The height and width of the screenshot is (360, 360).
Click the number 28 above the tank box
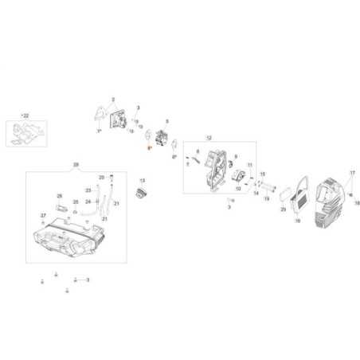pyautogui.click(x=76, y=165)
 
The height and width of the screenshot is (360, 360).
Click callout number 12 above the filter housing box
pyautogui.click(x=209, y=138)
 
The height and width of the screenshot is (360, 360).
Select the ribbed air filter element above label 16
pyautogui.click(x=298, y=200)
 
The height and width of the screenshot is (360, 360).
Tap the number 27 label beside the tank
pyautogui.click(x=43, y=216)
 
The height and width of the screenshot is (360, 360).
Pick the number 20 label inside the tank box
pyautogui.click(x=101, y=177)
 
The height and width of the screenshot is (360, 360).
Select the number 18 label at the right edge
pyautogui.click(x=358, y=203)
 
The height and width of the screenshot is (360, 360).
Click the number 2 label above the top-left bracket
pyautogui.click(x=114, y=100)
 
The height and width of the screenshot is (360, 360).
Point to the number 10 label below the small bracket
pyautogui.click(x=238, y=190)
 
